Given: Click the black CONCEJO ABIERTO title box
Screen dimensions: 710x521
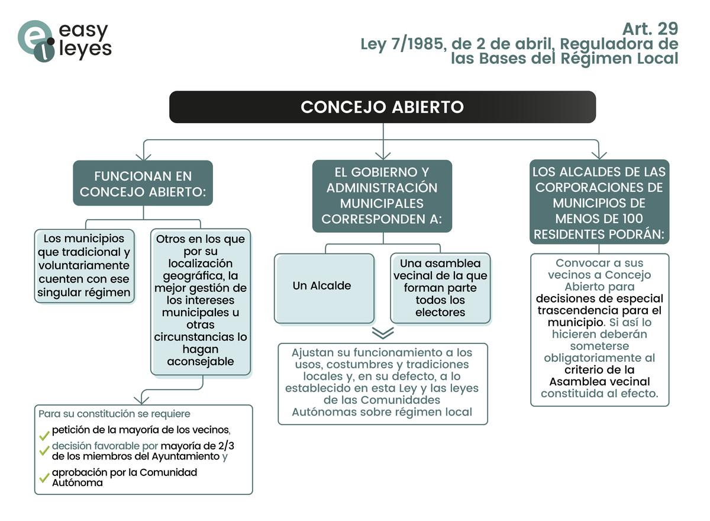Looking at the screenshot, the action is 382,107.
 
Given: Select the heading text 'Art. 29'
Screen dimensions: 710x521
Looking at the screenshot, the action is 650,28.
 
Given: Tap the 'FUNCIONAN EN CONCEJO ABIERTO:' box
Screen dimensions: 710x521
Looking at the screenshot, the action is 143,184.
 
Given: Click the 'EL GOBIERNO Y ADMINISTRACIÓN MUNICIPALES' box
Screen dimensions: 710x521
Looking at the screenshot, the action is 382,196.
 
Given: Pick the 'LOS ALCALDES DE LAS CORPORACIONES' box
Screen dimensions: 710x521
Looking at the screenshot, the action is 599,202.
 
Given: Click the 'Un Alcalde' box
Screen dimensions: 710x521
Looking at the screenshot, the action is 324,288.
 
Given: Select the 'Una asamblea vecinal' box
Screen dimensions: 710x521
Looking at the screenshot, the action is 440,288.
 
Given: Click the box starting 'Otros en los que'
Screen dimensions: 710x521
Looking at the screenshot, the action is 201,301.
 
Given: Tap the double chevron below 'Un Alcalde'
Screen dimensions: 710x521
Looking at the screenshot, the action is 383,333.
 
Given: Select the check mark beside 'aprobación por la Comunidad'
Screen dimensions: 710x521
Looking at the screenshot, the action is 44,477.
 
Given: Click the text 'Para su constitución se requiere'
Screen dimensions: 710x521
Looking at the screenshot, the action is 114,413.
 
